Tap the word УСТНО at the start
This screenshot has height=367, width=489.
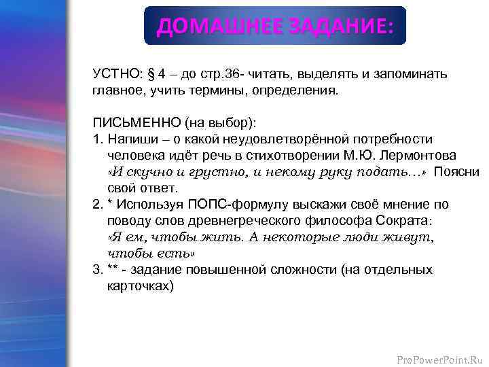(114, 74)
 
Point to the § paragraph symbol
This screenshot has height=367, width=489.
(153, 74)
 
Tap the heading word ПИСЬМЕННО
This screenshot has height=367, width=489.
(131, 123)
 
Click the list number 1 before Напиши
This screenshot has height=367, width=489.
(96, 139)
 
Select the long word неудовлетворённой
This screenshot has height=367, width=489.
(251, 139)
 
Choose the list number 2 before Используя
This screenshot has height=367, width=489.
(96, 205)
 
